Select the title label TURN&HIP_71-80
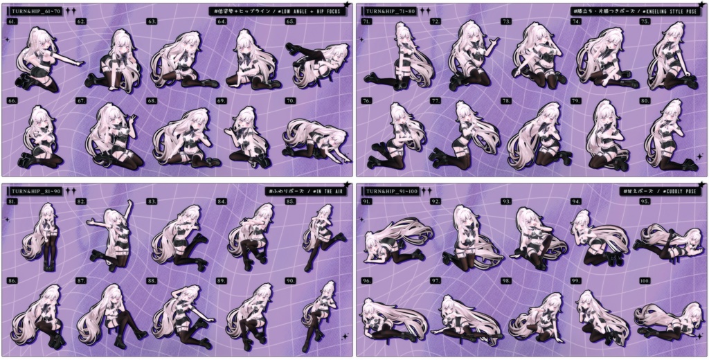(x=389, y=11)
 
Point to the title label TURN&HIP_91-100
(x=391, y=190)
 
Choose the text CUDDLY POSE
(x=672, y=190)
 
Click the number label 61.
(x=12, y=22)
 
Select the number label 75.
(x=645, y=22)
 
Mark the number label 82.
(x=82, y=201)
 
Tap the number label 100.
(x=645, y=281)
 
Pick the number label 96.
(x=366, y=281)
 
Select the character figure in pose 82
(x=111, y=232)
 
